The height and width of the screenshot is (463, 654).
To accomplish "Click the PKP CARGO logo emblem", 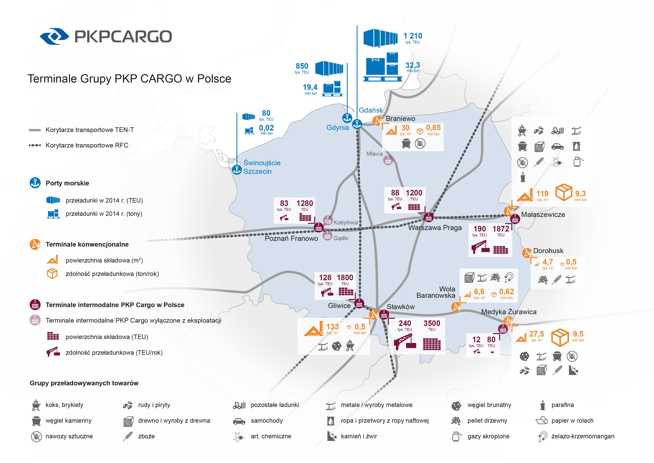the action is [54, 36].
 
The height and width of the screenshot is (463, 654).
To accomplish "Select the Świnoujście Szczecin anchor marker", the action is [237, 170].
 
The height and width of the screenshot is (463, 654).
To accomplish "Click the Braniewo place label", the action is [400, 119].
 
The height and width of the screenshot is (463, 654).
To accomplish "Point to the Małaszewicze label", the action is [543, 215].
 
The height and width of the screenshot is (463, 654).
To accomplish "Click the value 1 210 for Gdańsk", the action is [413, 36].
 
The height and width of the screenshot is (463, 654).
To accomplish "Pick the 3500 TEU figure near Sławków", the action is [432, 323].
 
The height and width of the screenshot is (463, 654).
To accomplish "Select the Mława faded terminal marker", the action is [388, 161].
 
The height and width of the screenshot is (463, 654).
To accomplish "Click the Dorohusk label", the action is [548, 251].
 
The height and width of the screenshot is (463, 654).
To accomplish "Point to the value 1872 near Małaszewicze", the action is [501, 229].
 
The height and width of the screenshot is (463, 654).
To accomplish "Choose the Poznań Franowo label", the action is [291, 239].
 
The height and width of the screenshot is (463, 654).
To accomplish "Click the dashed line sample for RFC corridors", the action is [35, 145].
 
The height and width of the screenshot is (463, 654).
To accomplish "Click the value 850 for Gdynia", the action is [302, 66].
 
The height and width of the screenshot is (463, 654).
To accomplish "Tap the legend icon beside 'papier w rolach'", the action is [542, 421].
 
